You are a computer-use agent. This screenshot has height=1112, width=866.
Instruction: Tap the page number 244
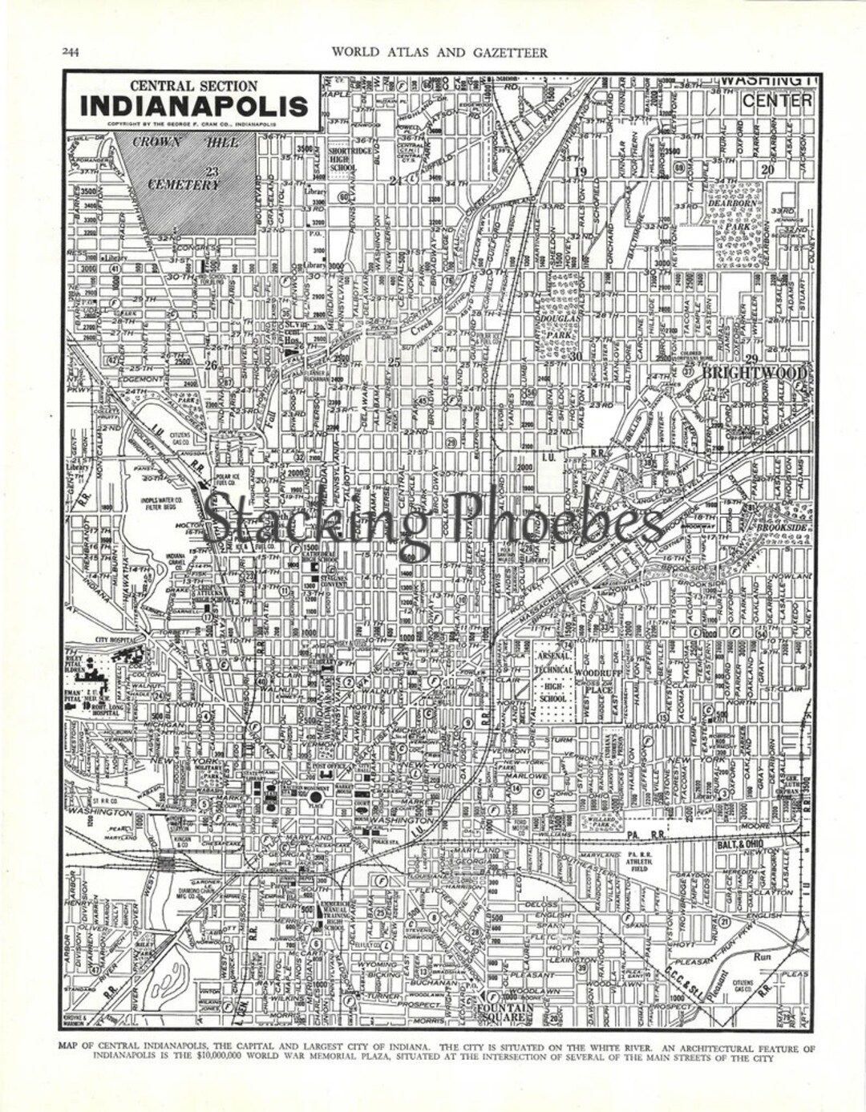(x=71, y=53)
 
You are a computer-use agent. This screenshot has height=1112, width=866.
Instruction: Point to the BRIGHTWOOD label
(x=754, y=374)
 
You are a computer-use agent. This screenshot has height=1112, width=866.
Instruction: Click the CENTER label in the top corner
(x=776, y=101)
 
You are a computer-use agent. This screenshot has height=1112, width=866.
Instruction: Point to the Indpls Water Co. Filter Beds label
(x=164, y=503)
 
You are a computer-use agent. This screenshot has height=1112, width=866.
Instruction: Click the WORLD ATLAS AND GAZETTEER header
(x=439, y=53)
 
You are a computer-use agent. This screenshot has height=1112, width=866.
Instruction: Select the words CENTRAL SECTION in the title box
(x=193, y=86)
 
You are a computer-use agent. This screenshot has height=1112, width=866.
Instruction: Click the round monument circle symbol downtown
(x=316, y=797)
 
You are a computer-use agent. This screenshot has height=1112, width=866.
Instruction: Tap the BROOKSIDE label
(x=782, y=528)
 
